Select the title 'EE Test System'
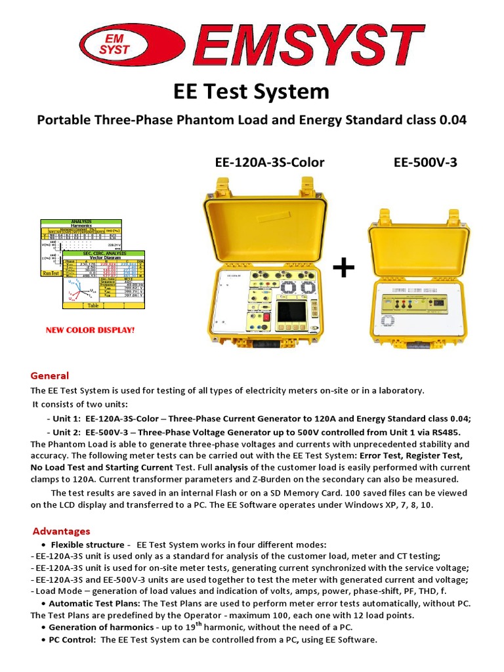tap(251, 91)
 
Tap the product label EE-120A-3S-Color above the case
tap(270, 162)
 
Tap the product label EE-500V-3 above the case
tap(425, 162)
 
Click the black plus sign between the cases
tap(344, 268)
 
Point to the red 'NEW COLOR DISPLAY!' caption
tap(90, 329)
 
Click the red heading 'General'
tap(50, 375)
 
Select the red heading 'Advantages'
tap(62, 531)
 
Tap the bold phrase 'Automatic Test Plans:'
tap(94, 603)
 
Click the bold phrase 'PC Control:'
tap(73, 640)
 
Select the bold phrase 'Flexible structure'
tap(87, 545)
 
